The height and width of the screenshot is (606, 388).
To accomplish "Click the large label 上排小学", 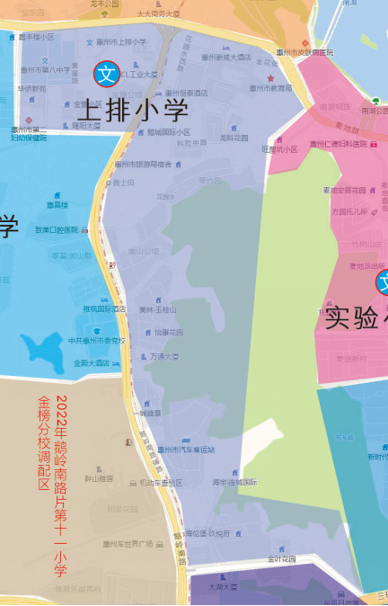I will click(132, 112).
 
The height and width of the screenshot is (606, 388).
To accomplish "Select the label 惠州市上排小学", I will click(121, 42).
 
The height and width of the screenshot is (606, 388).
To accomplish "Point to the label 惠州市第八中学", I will click(45, 68).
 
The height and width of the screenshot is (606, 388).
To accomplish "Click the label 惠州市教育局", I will click(270, 88).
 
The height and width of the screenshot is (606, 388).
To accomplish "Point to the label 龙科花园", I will click(234, 138).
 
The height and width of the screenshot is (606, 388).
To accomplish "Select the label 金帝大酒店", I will click(92, 363).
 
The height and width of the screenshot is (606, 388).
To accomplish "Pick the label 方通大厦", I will click(163, 357).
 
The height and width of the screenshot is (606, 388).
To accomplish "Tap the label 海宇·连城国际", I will click(234, 482).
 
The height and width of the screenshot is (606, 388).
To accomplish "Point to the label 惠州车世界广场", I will click(128, 543).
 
